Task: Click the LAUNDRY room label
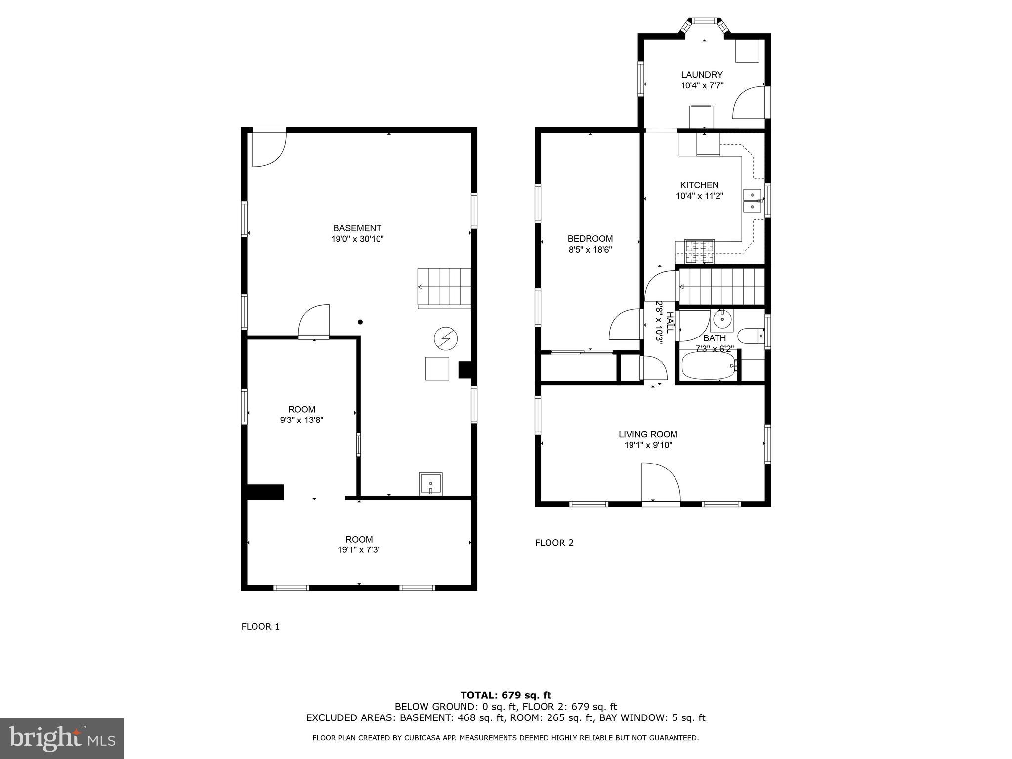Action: [x=702, y=75]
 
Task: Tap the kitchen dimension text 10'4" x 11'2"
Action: [x=700, y=196]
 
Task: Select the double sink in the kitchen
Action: [x=752, y=201]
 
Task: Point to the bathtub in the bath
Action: [x=709, y=366]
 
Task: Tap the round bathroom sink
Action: [x=722, y=320]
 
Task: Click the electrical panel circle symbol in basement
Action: [x=445, y=338]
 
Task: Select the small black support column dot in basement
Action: [x=360, y=322]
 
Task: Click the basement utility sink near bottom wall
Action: [x=430, y=483]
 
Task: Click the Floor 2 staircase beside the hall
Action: [x=721, y=287]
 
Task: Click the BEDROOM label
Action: [x=590, y=239]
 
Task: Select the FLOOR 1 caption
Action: [x=260, y=627]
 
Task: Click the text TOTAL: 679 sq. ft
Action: [x=506, y=695]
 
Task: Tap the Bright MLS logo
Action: [x=61, y=739]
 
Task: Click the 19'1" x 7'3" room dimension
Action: [x=359, y=550]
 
